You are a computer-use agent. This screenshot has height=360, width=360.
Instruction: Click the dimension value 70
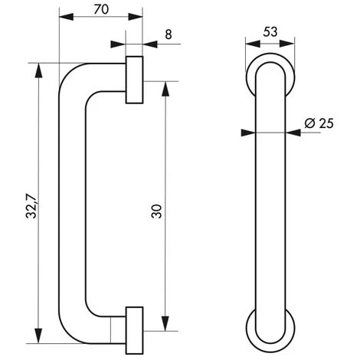click(x=100, y=11)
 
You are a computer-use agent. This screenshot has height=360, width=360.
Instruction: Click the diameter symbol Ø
click(x=309, y=123)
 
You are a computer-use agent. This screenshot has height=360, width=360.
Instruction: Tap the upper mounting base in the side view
click(x=134, y=79)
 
